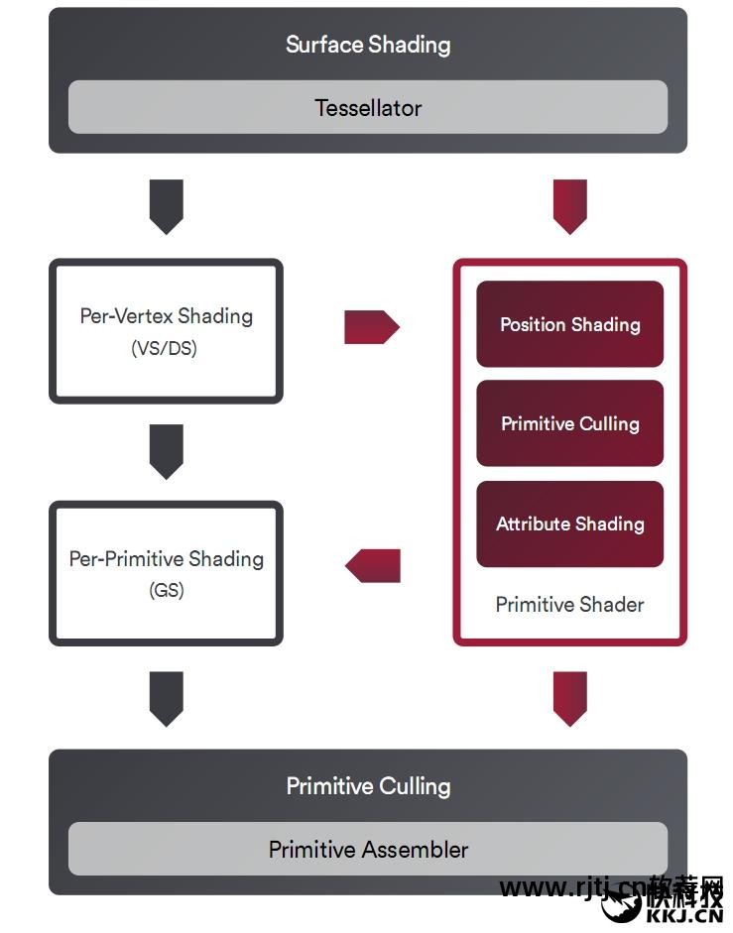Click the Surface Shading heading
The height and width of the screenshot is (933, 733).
tap(367, 45)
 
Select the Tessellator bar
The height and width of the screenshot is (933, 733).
tap(367, 107)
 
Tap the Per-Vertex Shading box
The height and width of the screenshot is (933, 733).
tap(166, 331)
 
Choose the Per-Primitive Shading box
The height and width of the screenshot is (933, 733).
tap(166, 573)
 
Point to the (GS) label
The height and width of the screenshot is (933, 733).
tap(166, 590)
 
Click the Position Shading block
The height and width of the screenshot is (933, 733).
tap(569, 324)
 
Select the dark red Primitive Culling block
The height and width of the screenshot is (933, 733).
tap(569, 423)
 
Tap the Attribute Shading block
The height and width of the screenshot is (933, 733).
tap(569, 524)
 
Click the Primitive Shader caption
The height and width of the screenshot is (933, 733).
tap(569, 604)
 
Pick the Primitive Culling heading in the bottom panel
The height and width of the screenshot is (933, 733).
tap(368, 786)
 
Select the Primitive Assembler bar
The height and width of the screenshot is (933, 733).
tap(368, 849)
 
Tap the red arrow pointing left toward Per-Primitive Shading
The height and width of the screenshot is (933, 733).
tap(373, 565)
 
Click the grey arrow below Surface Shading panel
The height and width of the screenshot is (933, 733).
tap(166, 206)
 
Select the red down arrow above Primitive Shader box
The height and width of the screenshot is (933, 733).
tap(569, 206)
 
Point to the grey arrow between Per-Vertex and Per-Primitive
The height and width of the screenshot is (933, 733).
tap(166, 451)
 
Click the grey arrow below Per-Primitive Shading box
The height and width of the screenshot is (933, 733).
tap(166, 698)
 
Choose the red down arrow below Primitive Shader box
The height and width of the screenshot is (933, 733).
tap(569, 698)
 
